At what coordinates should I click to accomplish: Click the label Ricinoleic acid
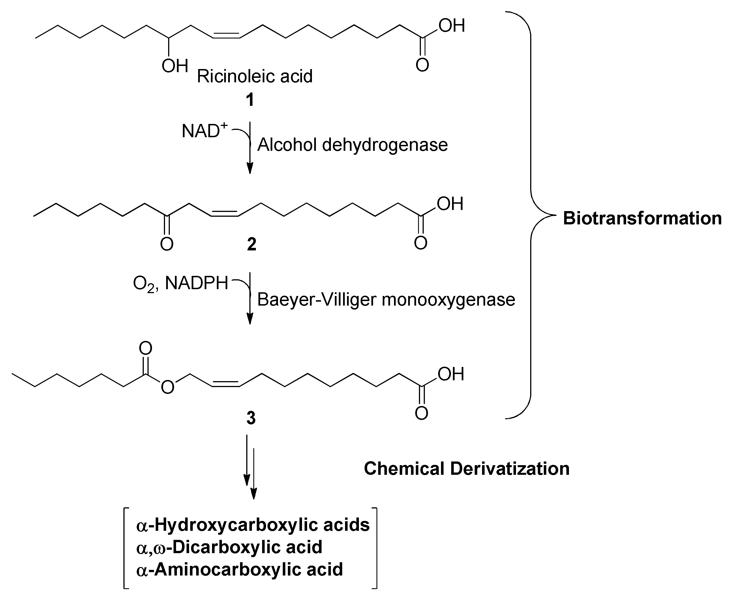pos(254,76)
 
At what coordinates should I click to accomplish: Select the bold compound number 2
pos(252,244)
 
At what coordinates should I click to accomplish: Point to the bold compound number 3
pos(251,418)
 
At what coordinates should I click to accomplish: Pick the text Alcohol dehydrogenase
pos(352,145)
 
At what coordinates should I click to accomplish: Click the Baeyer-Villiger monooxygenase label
pos(386,299)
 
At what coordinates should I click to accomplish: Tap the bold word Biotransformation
pos(642,218)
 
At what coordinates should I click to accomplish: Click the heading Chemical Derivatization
pos(466,469)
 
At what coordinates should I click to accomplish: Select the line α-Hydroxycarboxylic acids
pos(253,525)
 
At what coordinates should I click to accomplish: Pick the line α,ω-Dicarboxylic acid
pos(229,547)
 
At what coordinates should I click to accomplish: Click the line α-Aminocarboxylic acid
pos(239,569)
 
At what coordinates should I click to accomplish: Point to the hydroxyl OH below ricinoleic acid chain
pos(175,66)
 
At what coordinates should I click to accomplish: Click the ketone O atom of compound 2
pos(167,244)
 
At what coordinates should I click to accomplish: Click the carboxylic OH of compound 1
pos(451,26)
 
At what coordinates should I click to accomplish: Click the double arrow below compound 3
pos(250,466)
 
